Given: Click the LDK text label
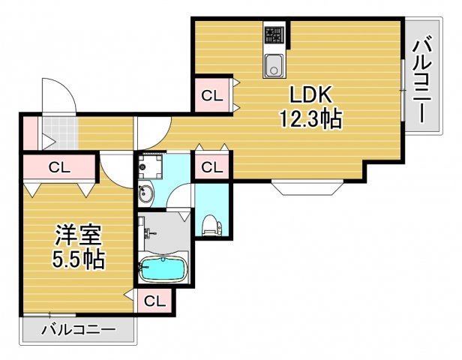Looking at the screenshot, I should pyautogui.click(x=307, y=95).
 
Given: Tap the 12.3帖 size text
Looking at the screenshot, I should pyautogui.click(x=311, y=118).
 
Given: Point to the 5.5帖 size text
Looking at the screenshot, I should pyautogui.click(x=78, y=260).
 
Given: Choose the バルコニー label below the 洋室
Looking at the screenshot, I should pyautogui.click(x=78, y=329).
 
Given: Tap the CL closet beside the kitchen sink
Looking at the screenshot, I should pyautogui.click(x=211, y=95).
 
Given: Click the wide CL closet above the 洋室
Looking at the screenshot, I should pyautogui.click(x=59, y=167).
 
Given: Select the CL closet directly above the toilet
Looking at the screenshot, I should pyautogui.click(x=212, y=166).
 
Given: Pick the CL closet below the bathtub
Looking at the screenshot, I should pyautogui.click(x=154, y=301).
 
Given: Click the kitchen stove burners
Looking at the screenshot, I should pyautogui.click(x=274, y=34).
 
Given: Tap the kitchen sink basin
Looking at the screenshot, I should pyautogui.click(x=274, y=66).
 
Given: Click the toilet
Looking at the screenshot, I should pyautogui.click(x=211, y=223).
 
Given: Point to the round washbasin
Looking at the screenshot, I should pyautogui.click(x=145, y=195).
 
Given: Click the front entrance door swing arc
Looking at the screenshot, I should pyautogui.click(x=59, y=95).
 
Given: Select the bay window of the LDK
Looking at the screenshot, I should pyautogui.click(x=307, y=187).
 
